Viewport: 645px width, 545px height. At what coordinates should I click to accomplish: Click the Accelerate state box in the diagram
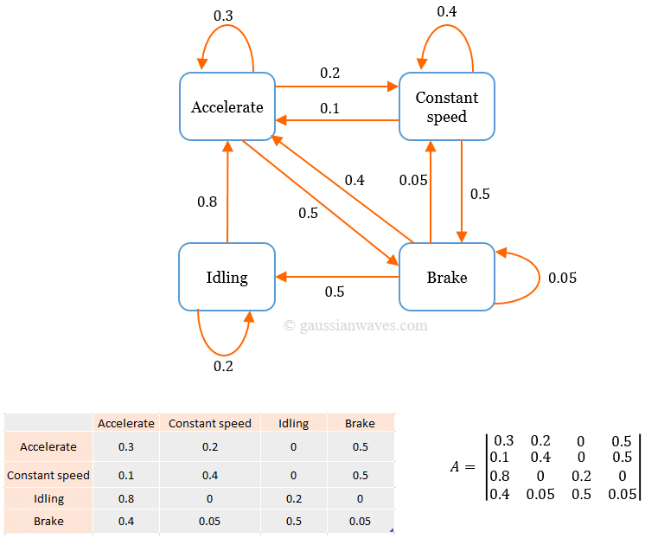227,106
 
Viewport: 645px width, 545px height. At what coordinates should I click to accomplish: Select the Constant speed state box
447,106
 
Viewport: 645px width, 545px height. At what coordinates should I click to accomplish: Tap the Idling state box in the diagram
227,277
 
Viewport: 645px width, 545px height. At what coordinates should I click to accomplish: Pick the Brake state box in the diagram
447,277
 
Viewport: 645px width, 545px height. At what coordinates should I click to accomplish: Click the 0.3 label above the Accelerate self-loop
223,16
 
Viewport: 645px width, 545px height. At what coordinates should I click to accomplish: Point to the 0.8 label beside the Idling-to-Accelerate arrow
207,202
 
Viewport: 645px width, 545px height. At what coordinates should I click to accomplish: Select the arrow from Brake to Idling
337,277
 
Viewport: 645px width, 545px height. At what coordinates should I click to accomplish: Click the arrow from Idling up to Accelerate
227,192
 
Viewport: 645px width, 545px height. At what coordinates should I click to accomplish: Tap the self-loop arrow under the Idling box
223,355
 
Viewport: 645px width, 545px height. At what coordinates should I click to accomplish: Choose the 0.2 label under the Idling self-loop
223,366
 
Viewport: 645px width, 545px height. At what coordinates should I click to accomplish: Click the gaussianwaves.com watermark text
355,325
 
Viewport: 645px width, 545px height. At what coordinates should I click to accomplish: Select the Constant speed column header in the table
210,423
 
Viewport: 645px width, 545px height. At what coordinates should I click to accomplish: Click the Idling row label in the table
48,498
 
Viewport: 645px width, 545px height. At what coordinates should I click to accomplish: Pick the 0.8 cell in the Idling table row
126,498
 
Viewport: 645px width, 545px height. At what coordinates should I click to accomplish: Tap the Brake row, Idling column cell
294,521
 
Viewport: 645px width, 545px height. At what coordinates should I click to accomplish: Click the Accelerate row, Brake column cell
361,446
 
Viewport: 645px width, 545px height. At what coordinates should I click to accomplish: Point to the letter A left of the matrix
455,467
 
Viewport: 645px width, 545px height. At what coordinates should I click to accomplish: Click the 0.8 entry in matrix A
500,476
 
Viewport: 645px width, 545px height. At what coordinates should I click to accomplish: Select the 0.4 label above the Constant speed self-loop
447,11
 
